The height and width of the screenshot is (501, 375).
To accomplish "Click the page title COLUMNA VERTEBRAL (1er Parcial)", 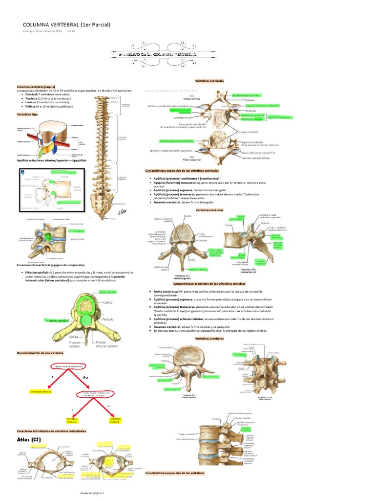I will [66, 24].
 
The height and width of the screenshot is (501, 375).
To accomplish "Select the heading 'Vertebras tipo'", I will [27, 114].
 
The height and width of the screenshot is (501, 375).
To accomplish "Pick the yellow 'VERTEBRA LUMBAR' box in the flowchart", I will [116, 420].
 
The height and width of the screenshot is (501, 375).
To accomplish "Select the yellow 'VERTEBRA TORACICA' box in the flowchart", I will [72, 420].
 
